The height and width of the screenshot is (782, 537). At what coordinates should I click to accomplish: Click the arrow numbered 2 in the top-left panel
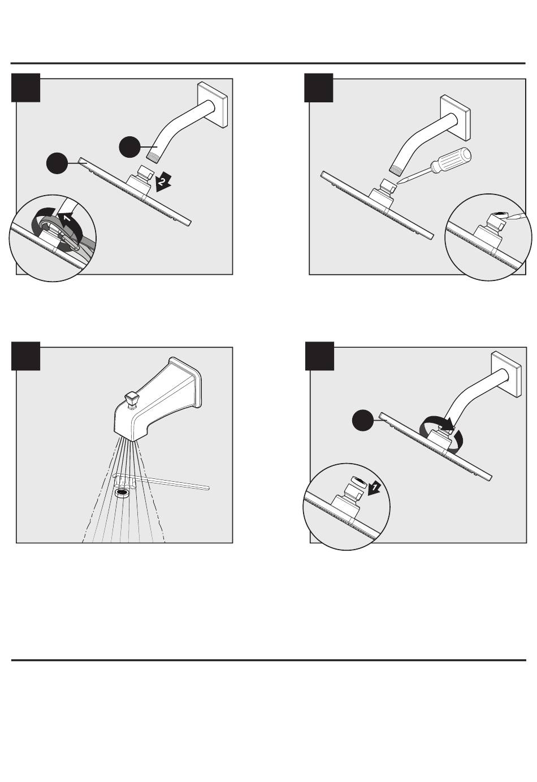[163, 182]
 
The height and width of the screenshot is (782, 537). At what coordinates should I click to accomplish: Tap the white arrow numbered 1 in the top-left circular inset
[66, 218]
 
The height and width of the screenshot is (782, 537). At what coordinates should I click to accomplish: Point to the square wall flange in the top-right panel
[456, 118]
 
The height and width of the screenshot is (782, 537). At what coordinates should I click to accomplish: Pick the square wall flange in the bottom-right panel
[506, 374]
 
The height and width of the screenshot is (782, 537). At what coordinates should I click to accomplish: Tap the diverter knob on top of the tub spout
[132, 400]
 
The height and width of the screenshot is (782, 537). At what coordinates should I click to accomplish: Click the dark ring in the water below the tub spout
[122, 493]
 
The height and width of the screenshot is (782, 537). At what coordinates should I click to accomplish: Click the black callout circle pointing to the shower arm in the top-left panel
[130, 146]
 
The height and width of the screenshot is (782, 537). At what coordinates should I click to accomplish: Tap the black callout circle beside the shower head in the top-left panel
[58, 163]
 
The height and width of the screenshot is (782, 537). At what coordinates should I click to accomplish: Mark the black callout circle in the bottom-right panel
[363, 420]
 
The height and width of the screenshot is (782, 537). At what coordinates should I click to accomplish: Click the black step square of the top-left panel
[25, 88]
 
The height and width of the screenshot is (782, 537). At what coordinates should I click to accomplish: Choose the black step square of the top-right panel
[319, 88]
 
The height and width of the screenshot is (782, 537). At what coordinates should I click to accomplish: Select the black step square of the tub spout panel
[25, 356]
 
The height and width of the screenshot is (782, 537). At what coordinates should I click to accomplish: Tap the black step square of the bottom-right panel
[319, 356]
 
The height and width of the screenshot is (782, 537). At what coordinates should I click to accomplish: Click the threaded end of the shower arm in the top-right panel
[396, 169]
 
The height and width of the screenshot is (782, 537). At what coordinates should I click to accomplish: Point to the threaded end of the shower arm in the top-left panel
[154, 156]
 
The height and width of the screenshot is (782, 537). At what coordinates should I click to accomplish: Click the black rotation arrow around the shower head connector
[442, 431]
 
